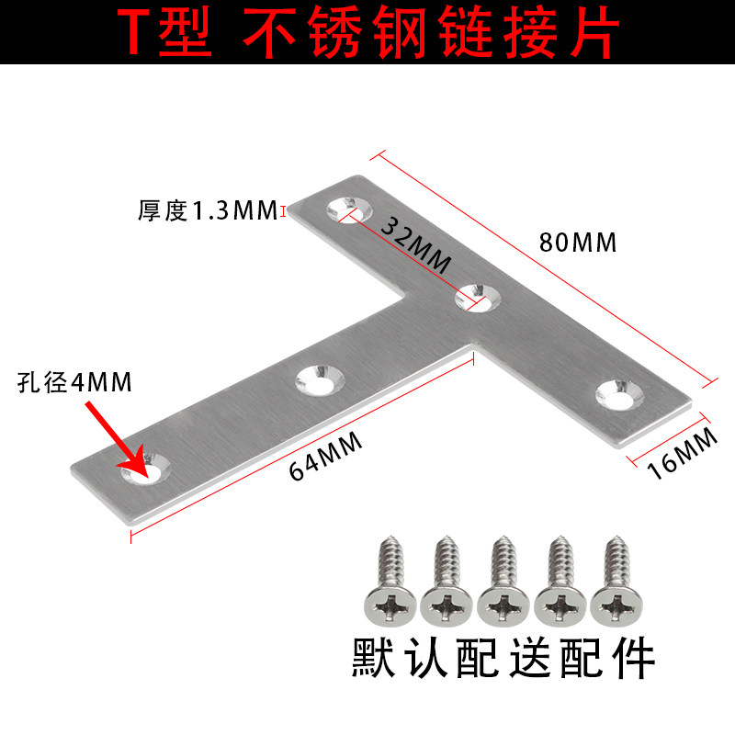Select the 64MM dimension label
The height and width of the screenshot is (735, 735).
[x=326, y=455]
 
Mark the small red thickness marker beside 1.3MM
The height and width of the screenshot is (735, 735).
[x=284, y=211]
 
